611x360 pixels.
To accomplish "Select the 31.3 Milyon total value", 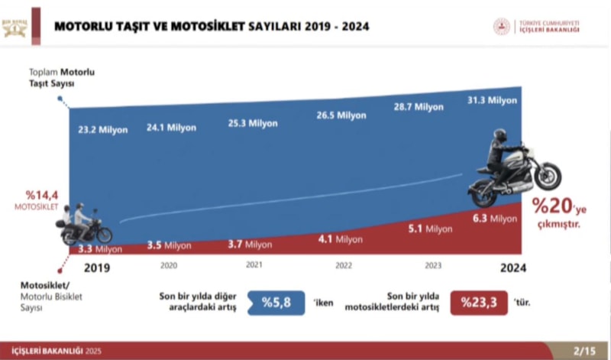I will [493, 100].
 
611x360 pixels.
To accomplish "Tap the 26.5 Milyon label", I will [341, 115].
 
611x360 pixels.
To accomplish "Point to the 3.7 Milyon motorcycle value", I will [250, 245].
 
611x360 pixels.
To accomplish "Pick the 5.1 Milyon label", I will [430, 229].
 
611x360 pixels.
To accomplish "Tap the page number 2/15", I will [584, 352].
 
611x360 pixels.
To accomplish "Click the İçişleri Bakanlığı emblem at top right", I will [503, 27].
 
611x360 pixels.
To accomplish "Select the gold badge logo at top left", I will [15, 27].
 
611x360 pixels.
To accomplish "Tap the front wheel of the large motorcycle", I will [548, 177].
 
